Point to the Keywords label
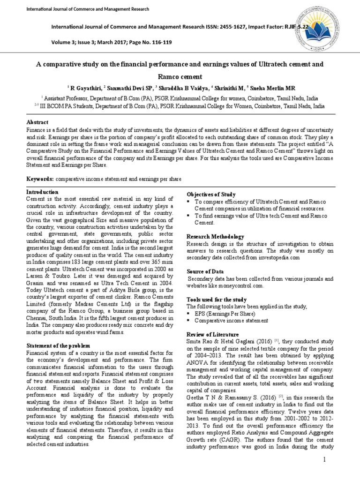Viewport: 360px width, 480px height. coord(40,179)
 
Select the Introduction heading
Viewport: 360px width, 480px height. coord(42,192)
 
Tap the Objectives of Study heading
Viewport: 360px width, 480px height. coord(211,194)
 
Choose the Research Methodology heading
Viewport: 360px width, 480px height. coord(215,237)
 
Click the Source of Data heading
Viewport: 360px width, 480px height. coord(205,271)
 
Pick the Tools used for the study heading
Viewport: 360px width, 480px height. coord(216,299)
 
